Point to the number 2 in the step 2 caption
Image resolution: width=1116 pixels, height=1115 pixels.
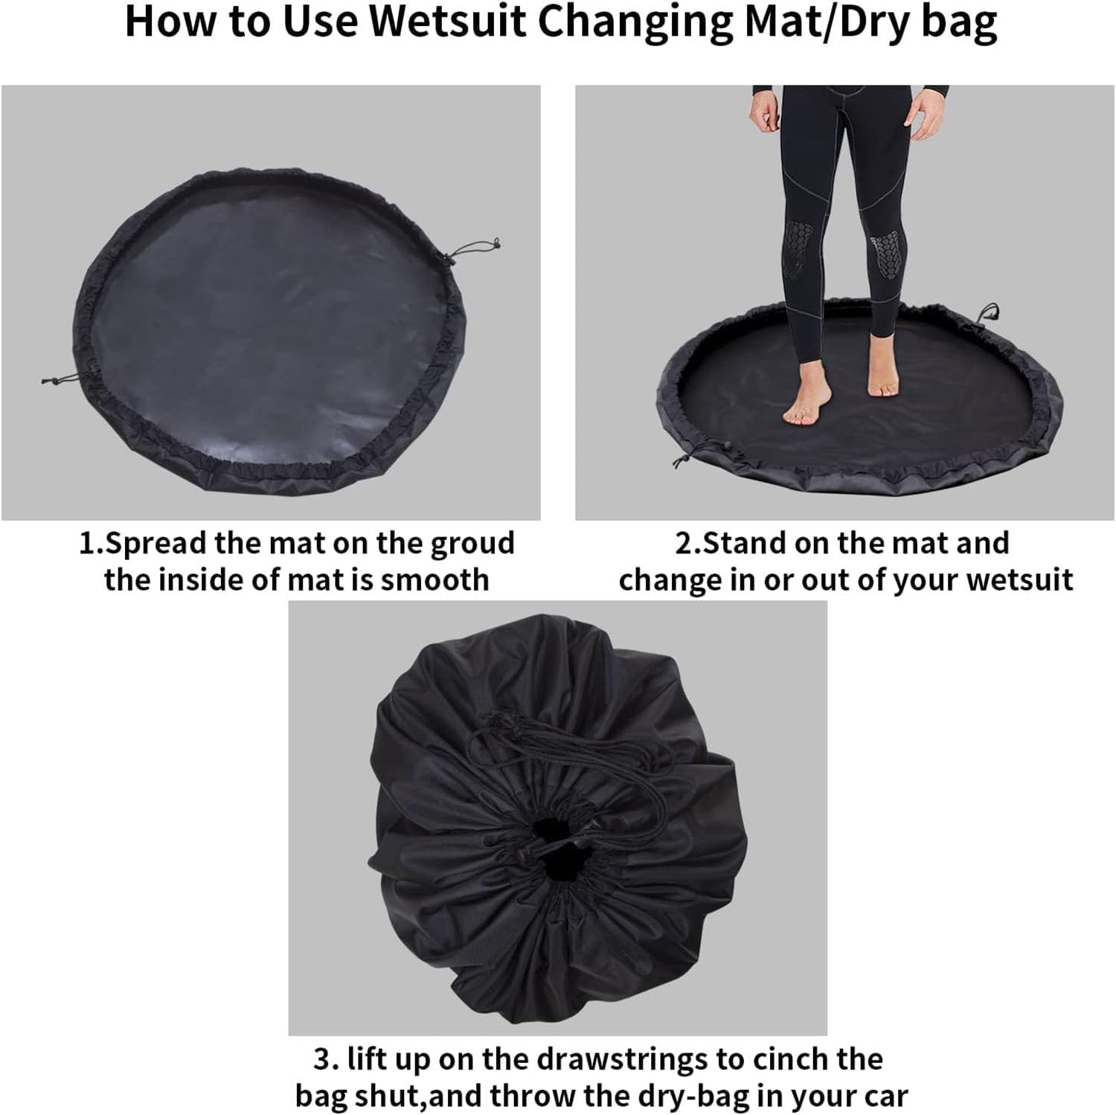click(683, 543)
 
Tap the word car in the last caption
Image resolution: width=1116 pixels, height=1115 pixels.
click(885, 1096)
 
